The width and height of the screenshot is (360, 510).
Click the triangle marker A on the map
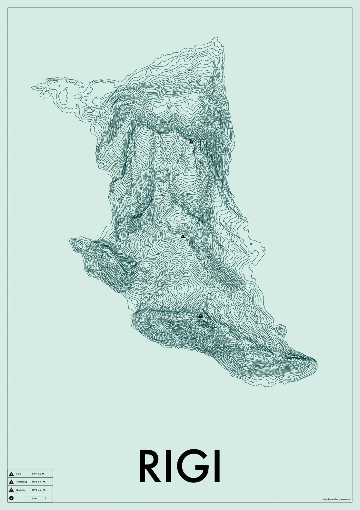pyautogui.click(x=191, y=142)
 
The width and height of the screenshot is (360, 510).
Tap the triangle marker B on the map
pyautogui.click(x=183, y=236)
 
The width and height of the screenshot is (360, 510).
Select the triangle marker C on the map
pyautogui.click(x=200, y=316)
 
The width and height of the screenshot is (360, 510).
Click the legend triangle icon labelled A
pyautogui.click(x=11, y=474)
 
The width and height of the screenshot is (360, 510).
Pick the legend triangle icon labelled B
pyautogui.click(x=11, y=482)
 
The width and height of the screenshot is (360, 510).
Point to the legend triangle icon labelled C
pyautogui.click(x=11, y=490)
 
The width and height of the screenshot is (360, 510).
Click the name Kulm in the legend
pyautogui.click(x=18, y=474)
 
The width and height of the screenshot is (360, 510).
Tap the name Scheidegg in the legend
pyautogui.click(x=21, y=482)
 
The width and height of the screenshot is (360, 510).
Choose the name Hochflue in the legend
pyautogui.click(x=20, y=490)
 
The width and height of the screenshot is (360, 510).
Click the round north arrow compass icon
pyautogui.click(x=11, y=498)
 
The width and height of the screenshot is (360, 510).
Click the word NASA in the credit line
pyautogui.click(x=335, y=499)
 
